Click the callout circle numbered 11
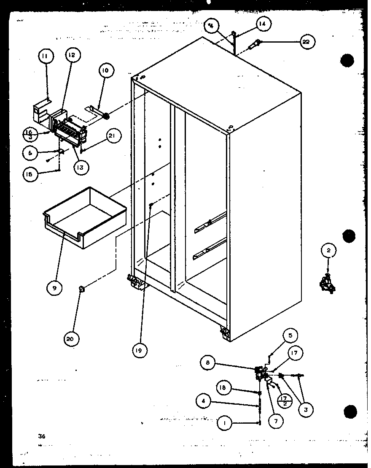point(46,56)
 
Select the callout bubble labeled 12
point(72,55)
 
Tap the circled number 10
point(105,70)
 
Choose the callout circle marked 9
point(54,288)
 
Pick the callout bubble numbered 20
point(72,338)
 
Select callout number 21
point(114,135)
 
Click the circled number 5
point(290,336)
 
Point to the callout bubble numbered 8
point(207,362)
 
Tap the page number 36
point(40,436)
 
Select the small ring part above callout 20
point(81,289)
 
